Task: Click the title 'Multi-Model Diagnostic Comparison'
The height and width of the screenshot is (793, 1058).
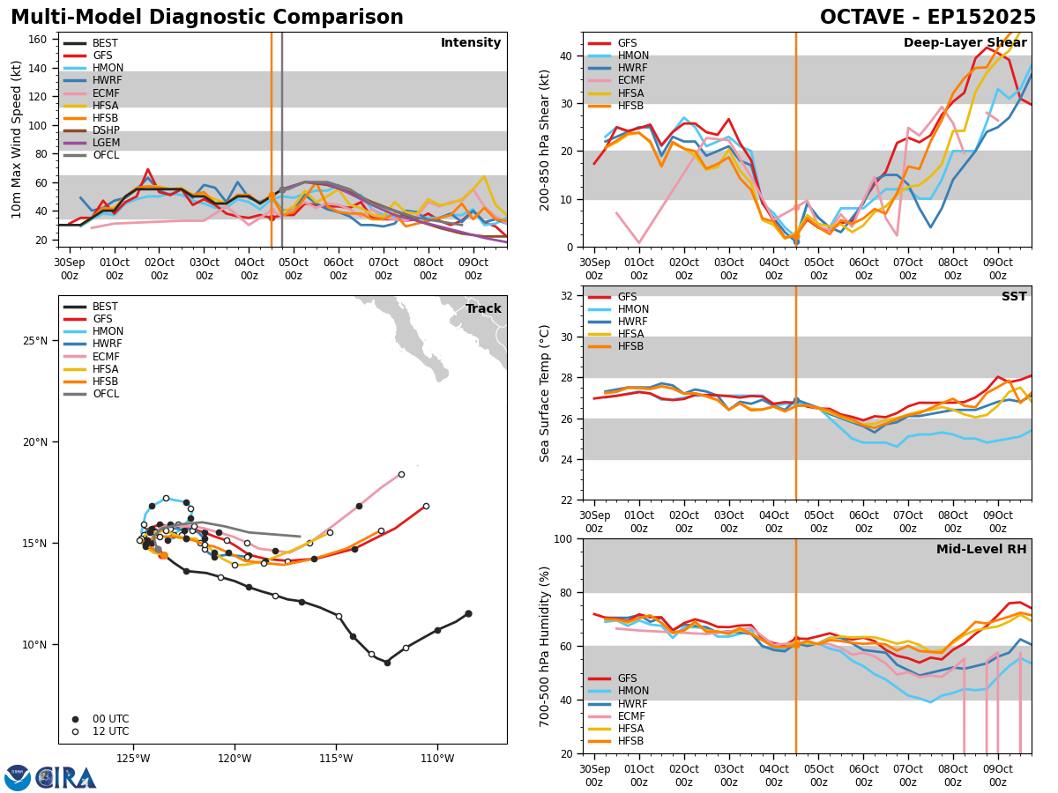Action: (207, 18)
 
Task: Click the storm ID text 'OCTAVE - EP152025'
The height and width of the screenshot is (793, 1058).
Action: (928, 18)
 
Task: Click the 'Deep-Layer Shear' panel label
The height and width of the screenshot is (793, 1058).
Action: (965, 43)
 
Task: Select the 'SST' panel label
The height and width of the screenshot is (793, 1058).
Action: (1013, 297)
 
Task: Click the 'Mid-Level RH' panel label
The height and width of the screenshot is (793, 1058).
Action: (981, 550)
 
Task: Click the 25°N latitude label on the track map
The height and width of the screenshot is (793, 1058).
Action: (34, 341)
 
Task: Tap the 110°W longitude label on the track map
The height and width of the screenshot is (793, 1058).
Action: (437, 759)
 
